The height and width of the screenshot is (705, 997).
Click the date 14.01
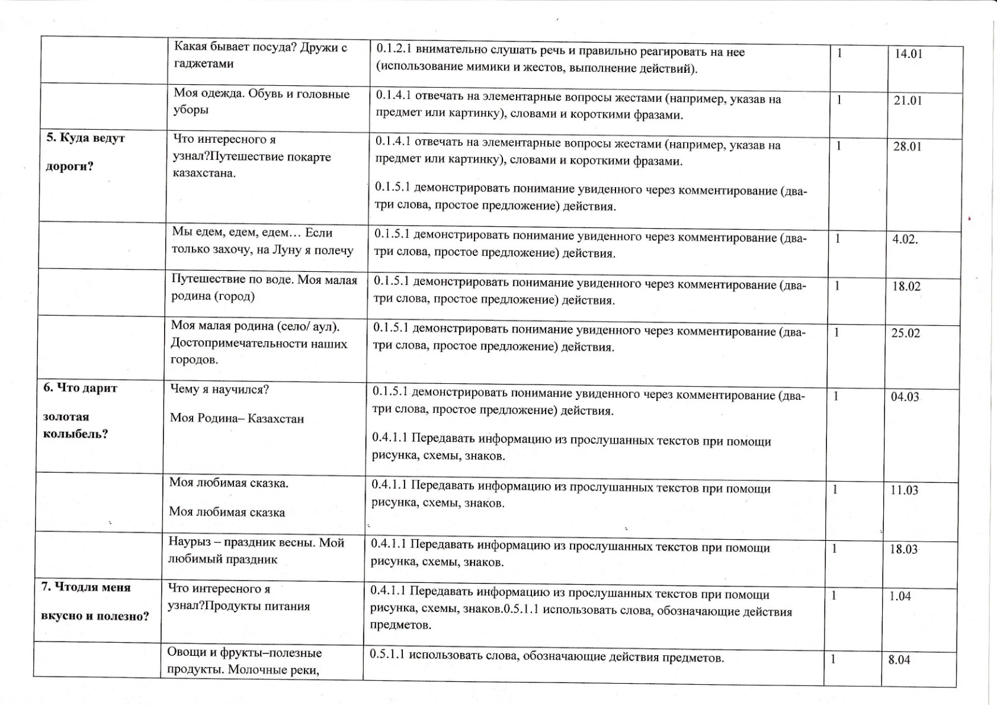(x=908, y=54)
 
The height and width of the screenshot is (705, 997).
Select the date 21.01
(x=908, y=101)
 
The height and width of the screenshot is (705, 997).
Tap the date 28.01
(x=907, y=147)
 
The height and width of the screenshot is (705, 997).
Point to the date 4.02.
(x=905, y=240)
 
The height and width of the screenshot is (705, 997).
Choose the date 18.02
(x=906, y=287)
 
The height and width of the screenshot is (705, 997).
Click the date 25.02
(x=905, y=334)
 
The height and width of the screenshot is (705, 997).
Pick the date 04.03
(x=905, y=397)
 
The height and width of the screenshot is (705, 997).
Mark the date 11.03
(x=903, y=491)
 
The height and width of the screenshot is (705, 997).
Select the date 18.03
(x=903, y=549)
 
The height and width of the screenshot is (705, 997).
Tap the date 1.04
(x=900, y=597)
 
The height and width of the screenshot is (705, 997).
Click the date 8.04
(x=899, y=660)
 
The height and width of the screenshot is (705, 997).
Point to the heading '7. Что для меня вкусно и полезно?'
(x=94, y=601)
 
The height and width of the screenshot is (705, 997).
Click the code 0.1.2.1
(x=395, y=52)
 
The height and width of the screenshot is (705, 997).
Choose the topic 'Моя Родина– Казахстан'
(x=236, y=419)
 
